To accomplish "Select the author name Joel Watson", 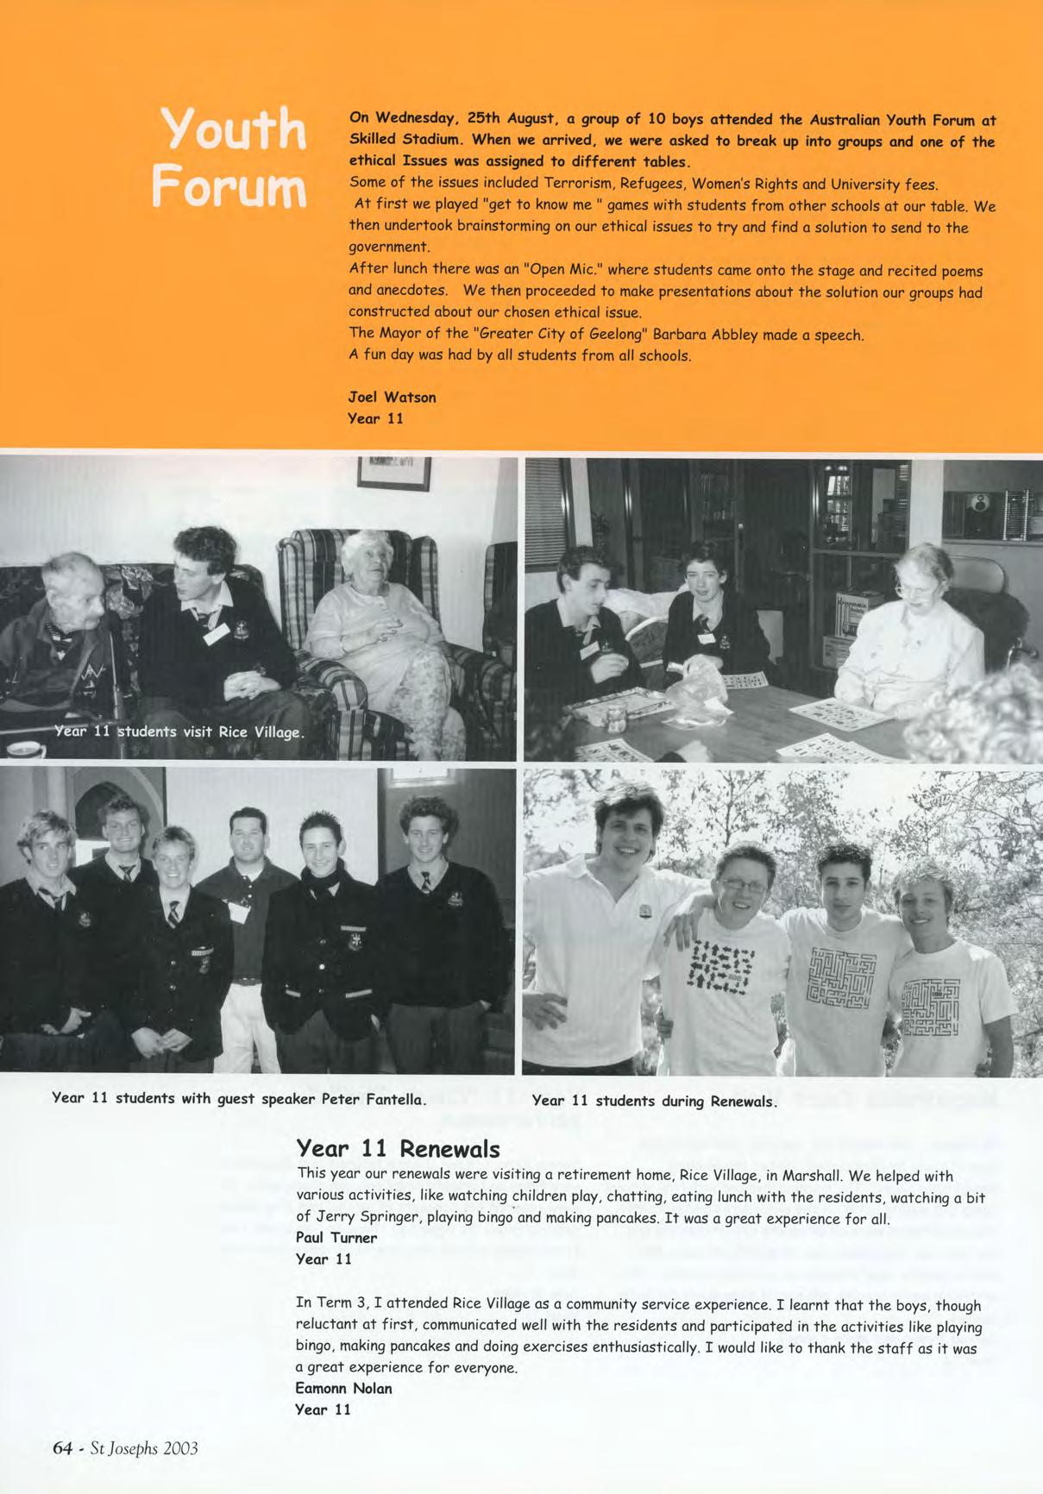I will point(392,398).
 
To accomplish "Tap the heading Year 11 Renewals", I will point(398,1149).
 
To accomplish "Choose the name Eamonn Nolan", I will point(343,1389).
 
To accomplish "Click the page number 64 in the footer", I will point(61,1447).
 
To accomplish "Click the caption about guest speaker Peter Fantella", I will point(239,1099).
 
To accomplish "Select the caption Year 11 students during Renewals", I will point(655,1101).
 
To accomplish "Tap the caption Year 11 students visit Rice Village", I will point(179,732).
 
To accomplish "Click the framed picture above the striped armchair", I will point(393,473).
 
